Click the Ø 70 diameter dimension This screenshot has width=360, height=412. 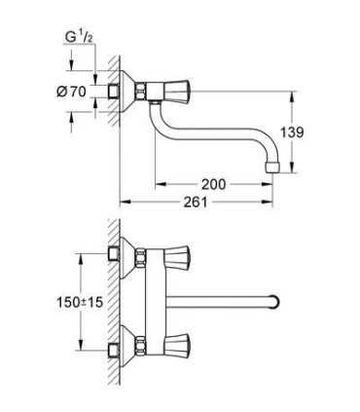[71, 92]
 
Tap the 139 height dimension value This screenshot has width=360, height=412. [292, 132]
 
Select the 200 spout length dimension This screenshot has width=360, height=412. [213, 184]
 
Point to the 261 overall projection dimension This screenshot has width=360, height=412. [196, 203]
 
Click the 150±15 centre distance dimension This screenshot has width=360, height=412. [80, 303]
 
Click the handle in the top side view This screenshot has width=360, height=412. [177, 92]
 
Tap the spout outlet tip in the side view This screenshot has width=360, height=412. [273, 167]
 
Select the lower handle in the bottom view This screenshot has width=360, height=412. [177, 345]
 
